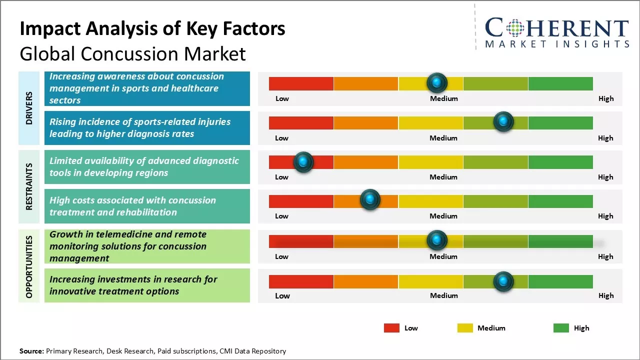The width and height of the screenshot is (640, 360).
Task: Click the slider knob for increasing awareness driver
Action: point(437,82)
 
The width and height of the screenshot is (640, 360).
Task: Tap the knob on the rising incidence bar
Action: point(503,121)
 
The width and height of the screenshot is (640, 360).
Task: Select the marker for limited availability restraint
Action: point(303,162)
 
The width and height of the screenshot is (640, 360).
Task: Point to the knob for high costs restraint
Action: point(370,199)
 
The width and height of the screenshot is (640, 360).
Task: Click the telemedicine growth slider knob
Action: point(437,240)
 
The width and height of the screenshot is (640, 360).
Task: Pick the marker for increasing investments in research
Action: point(503,281)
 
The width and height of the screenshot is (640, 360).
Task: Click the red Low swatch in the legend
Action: point(391,328)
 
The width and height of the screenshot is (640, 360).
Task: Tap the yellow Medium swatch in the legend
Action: point(465,328)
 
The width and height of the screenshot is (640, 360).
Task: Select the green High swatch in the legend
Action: point(561,328)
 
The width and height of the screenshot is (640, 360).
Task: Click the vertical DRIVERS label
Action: point(29,108)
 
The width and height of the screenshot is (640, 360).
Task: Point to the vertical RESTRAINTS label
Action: point(29,186)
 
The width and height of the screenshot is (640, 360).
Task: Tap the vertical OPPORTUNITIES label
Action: point(29,266)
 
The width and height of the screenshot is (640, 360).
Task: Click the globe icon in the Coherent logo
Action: point(515,28)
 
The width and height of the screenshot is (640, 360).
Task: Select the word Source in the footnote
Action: point(31,351)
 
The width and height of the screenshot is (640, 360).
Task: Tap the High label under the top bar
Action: point(606,98)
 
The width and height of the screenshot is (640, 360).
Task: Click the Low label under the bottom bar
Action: point(282,295)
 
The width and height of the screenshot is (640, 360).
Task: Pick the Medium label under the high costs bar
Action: point(443,216)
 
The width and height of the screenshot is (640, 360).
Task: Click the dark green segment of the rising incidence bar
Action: point(560,122)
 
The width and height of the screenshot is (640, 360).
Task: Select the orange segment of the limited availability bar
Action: point(366,162)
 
